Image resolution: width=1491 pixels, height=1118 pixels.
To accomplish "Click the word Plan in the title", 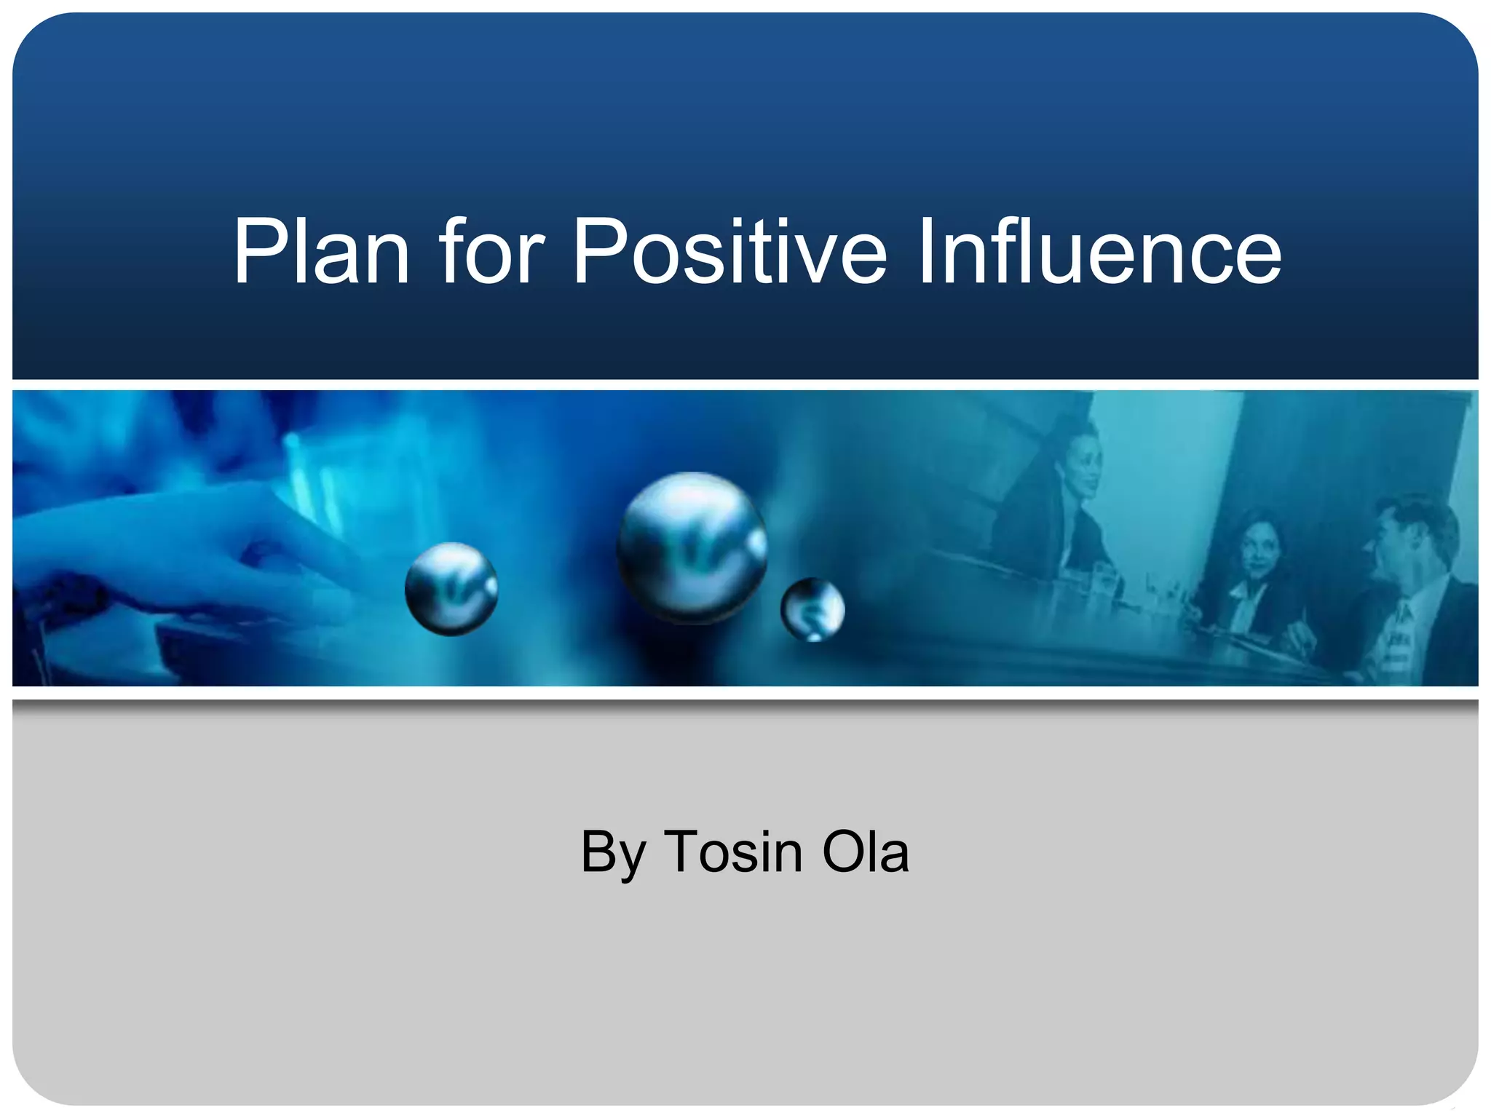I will pyautogui.click(x=320, y=251).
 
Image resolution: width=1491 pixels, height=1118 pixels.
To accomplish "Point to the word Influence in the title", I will pyautogui.click(x=1099, y=251).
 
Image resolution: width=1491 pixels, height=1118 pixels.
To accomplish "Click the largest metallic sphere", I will pyautogui.click(x=692, y=547).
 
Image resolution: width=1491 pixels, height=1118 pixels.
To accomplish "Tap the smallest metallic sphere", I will pyautogui.click(x=812, y=609).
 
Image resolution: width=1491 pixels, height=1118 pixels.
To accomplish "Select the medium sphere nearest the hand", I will pyautogui.click(x=451, y=589).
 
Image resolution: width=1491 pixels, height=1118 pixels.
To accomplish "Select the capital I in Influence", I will pyautogui.click(x=926, y=251).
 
